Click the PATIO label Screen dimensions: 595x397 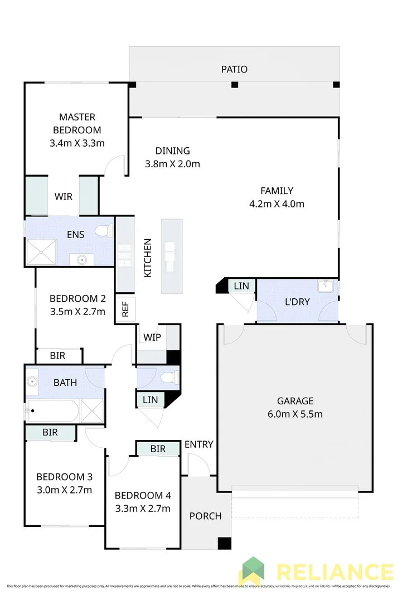(x=234, y=70)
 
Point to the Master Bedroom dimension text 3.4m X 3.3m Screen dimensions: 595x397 (x=77, y=143)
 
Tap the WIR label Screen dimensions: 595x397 (x=63, y=197)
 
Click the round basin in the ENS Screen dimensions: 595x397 (x=81, y=259)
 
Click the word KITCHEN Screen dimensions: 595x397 (x=148, y=258)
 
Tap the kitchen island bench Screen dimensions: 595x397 (x=171, y=257)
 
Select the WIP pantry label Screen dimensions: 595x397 (x=152, y=337)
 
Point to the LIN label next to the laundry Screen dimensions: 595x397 (x=241, y=286)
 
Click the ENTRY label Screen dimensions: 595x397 (x=199, y=444)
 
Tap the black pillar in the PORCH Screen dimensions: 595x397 (x=224, y=543)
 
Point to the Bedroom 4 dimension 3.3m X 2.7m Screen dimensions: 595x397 (x=142, y=508)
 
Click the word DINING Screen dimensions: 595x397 (x=172, y=151)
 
